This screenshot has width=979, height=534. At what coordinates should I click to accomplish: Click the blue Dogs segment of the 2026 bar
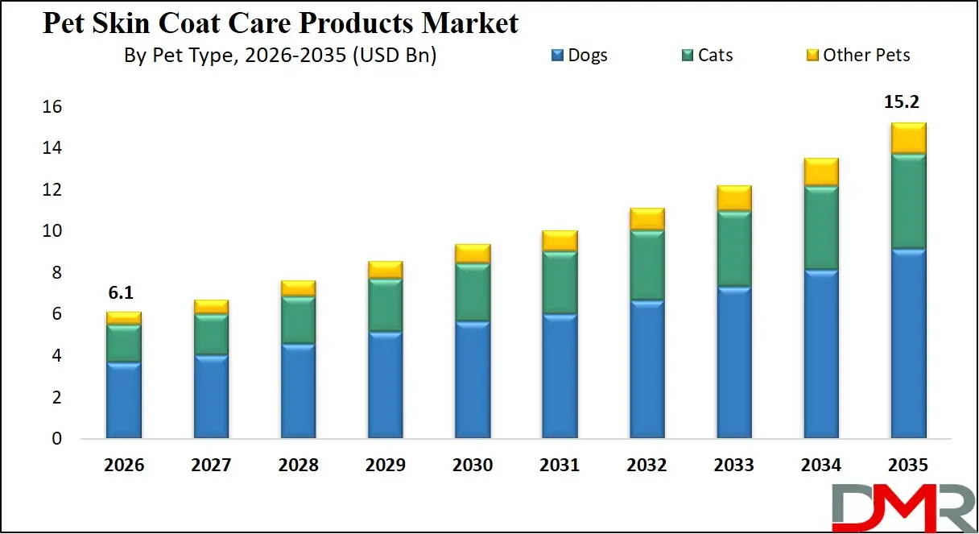coord(124,399)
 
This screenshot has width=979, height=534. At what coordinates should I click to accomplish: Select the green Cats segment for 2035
coord(908,201)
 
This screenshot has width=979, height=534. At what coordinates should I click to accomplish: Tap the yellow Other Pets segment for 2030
coord(473,254)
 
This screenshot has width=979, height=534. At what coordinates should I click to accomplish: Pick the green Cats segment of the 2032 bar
coord(647,266)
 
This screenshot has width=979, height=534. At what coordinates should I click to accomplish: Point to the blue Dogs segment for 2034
coord(821,354)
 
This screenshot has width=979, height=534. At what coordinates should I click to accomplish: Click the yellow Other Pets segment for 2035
coord(908,138)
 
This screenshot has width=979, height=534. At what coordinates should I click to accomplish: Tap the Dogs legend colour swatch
coord(557,56)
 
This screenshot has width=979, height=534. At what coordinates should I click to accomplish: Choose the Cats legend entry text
coord(715,56)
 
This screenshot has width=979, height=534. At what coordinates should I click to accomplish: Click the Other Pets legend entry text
coord(866,56)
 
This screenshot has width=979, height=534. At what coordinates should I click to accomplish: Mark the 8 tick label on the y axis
coord(56,273)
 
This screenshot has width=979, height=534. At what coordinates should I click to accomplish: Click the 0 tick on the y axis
coord(56,439)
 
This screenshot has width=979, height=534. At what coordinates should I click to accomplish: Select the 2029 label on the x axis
coord(386,466)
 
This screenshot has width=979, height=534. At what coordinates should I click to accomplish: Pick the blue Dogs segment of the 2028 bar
coord(298,391)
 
